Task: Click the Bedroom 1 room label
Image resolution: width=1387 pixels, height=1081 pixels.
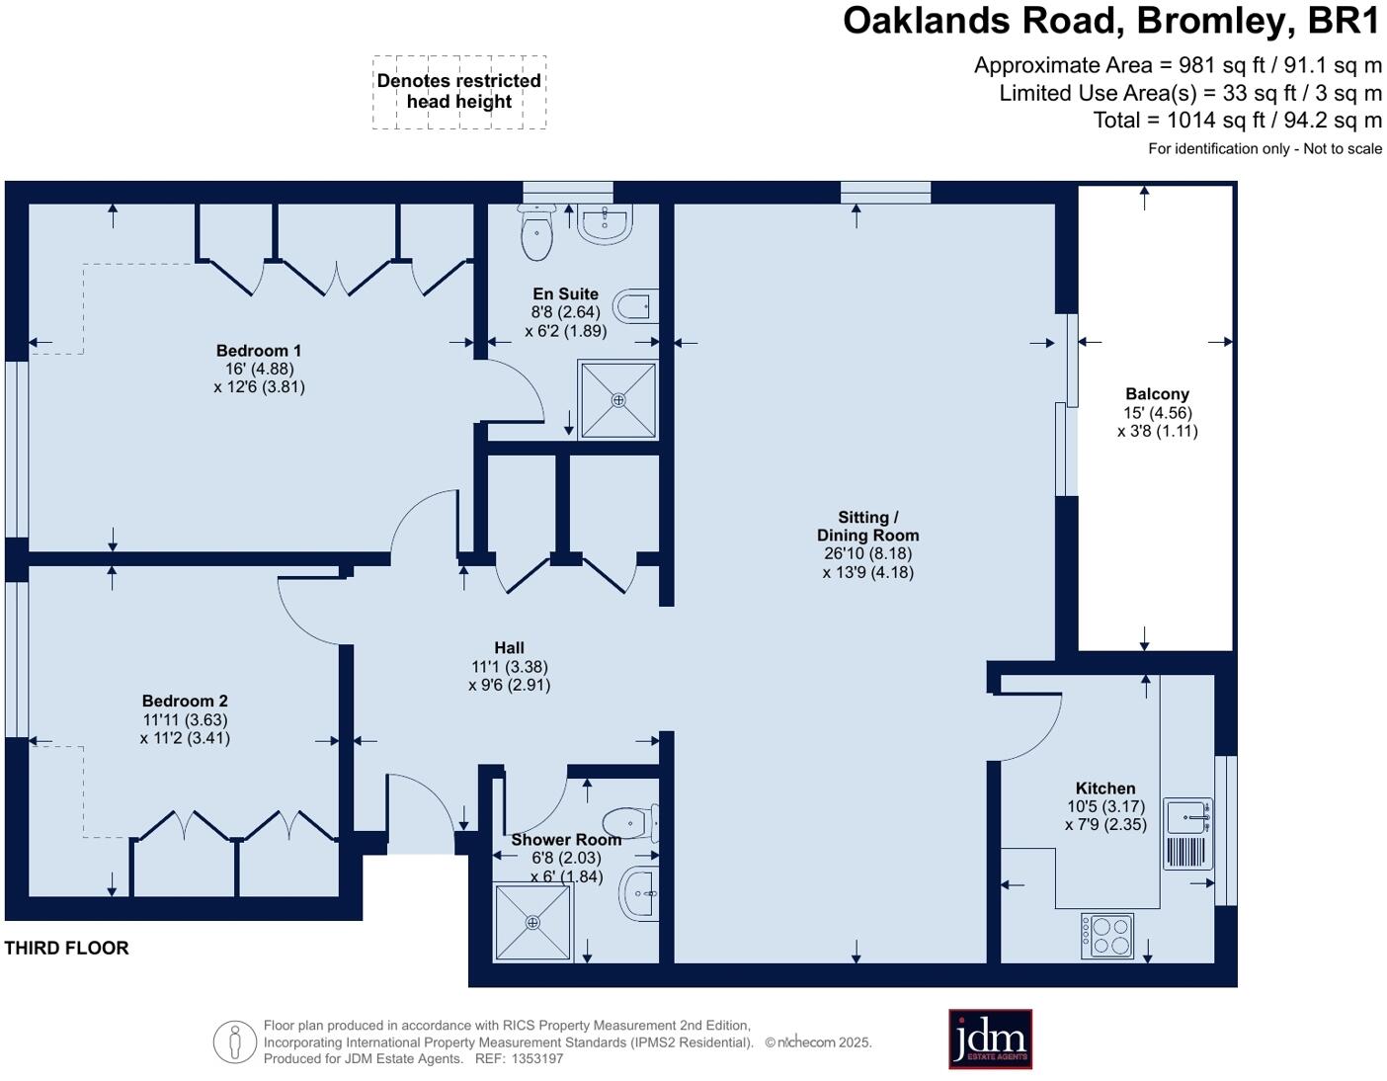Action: pos(259,351)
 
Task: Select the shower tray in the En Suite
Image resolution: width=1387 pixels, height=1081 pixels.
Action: pos(618,400)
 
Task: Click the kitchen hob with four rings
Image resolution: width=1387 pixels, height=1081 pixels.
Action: pos(1107,935)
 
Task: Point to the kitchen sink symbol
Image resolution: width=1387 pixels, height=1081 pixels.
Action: pos(1186,817)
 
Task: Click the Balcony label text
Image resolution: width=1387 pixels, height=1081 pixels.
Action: pos(1157,394)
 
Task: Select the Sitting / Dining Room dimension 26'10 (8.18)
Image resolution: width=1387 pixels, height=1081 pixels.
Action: pos(867,554)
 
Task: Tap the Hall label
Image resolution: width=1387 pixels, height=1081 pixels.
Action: pos(509,648)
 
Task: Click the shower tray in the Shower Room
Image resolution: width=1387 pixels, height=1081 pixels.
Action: pos(533,922)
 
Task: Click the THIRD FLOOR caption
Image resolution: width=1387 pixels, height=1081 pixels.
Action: pos(66,948)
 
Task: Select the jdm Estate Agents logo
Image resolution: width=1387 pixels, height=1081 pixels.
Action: pos(990,1039)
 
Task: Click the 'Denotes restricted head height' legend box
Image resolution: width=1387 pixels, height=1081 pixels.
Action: pos(459,92)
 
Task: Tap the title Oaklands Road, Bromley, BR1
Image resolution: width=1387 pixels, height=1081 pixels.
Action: pos(1110,21)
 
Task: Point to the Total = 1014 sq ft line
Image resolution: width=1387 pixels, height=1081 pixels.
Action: pos(1237,121)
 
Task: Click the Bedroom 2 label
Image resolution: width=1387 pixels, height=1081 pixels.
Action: pos(185,702)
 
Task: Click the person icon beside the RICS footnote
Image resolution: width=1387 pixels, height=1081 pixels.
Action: pos(235,1041)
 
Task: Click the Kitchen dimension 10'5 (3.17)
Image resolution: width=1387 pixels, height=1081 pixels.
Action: pos(1104,806)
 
